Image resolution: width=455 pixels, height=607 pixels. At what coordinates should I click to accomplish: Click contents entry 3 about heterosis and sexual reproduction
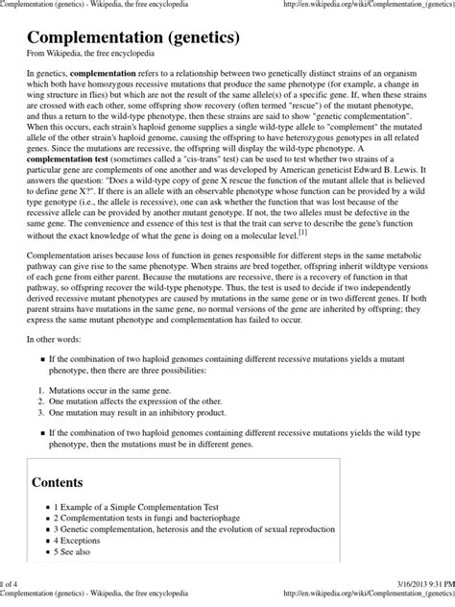pos(206,543)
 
